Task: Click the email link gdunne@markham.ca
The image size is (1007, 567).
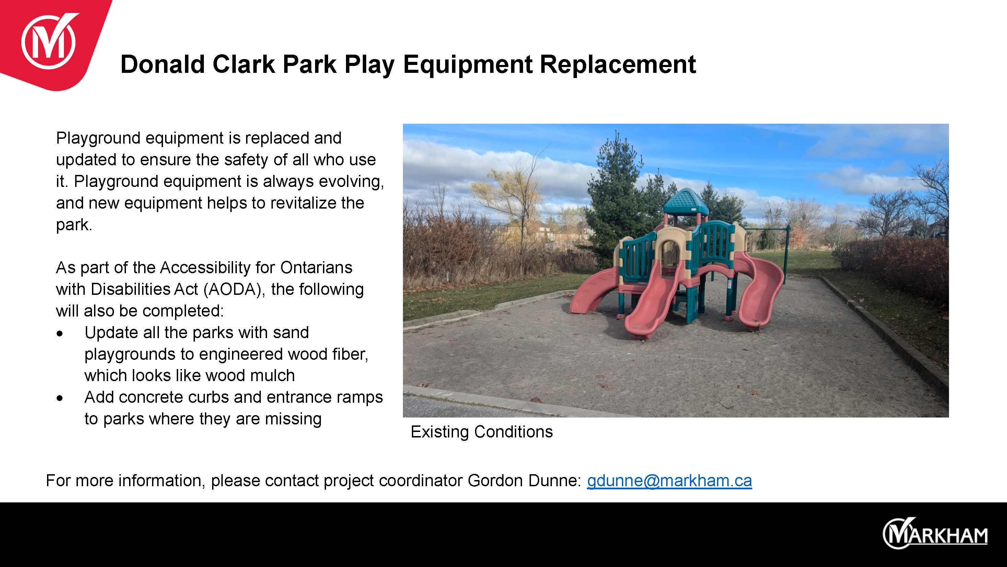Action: click(x=669, y=480)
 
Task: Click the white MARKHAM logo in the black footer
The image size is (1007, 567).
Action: click(x=935, y=533)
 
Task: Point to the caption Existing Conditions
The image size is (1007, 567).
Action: click(x=482, y=432)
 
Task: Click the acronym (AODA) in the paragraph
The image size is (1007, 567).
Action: click(x=232, y=290)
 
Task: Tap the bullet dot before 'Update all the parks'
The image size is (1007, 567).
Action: click(x=59, y=333)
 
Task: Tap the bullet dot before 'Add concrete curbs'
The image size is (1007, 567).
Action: click(x=59, y=398)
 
